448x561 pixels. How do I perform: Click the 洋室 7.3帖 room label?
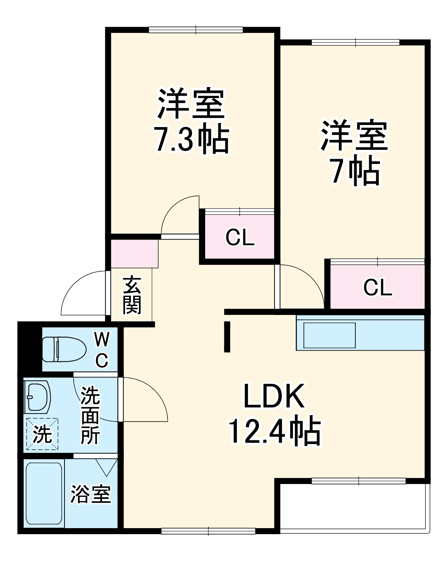(x=192, y=121)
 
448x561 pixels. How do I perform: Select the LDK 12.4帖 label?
(x=274, y=414)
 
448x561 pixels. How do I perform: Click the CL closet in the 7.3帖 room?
(x=240, y=237)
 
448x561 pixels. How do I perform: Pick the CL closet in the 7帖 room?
(x=377, y=287)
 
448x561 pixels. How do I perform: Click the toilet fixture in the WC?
(x=64, y=349)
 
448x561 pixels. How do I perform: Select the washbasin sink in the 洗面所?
(x=37, y=397)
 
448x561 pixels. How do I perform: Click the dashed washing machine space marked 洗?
(x=42, y=434)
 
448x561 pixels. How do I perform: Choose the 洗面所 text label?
(x=90, y=415)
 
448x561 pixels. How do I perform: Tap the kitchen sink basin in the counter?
(x=329, y=335)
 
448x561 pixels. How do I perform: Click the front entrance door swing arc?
(x=82, y=293)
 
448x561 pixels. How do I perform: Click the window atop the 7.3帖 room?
(x=196, y=30)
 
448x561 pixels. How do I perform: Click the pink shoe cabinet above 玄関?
(x=135, y=254)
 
